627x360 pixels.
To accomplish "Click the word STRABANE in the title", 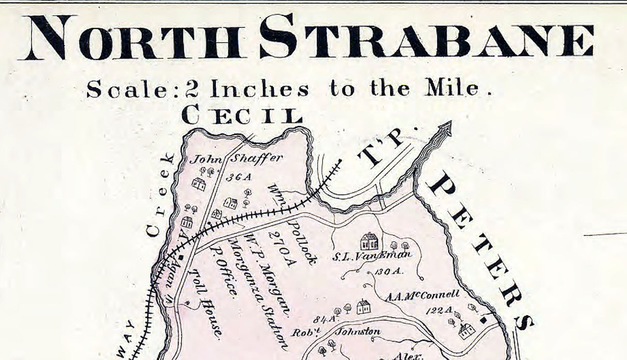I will [427, 37].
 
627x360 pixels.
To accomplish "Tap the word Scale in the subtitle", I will [126, 90].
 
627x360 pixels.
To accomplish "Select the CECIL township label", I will [241, 115].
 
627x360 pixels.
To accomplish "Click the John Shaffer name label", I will [236, 159].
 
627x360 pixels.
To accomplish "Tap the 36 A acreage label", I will [239, 177].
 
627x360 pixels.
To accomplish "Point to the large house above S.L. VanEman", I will [368, 241].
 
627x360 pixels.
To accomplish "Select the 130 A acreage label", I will [389, 272].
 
